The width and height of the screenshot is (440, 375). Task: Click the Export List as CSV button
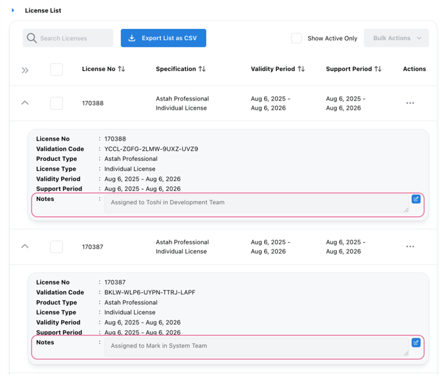pos(163,38)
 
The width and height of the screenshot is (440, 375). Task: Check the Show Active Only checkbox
pos(297,38)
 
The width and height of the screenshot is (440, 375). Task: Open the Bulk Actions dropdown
pos(396,38)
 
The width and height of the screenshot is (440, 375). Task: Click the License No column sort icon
pos(121,69)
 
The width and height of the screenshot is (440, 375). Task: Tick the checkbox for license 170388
pos(56,103)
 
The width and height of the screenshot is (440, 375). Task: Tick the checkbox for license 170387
pos(56,247)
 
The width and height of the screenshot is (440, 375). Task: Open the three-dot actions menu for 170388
pos(410,103)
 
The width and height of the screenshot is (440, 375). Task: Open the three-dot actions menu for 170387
pos(410,247)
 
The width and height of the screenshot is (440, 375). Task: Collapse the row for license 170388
pos(25,103)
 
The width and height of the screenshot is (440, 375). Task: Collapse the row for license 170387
pos(25,246)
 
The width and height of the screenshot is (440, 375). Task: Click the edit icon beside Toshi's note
pos(416,199)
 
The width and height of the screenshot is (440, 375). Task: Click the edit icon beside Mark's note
pos(416,343)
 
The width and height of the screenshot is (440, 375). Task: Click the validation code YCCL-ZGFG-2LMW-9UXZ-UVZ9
pos(150,149)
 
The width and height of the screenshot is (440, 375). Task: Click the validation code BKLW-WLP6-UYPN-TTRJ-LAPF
pos(149,292)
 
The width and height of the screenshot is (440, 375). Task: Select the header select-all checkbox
pos(56,69)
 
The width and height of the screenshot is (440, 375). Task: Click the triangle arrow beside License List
pos(13,11)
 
